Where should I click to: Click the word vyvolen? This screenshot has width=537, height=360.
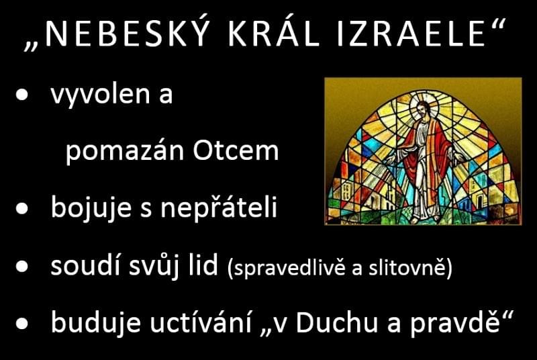click(x=100, y=95)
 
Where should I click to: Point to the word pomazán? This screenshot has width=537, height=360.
click(x=125, y=150)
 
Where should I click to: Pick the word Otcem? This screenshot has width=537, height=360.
click(x=236, y=150)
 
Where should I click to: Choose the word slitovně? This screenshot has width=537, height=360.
click(x=406, y=267)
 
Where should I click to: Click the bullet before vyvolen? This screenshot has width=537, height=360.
click(x=22, y=95)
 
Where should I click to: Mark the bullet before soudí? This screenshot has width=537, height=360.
click(x=22, y=266)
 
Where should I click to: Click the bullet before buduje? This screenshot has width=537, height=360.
click(x=22, y=322)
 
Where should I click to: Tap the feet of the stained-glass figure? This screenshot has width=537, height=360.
click(x=425, y=217)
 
